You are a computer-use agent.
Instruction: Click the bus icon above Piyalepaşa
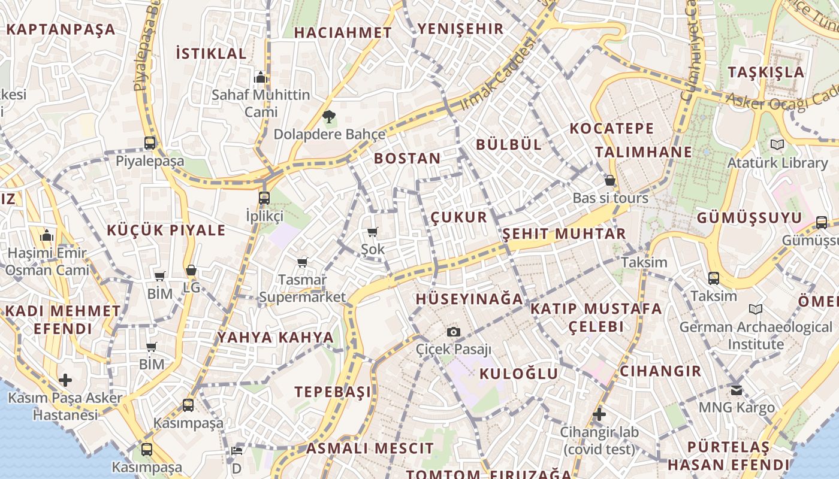[x=150, y=143]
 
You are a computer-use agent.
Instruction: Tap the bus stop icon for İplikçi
[x=264, y=198]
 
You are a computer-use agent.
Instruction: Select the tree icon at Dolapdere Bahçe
[x=328, y=116]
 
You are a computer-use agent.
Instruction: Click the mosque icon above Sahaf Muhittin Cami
[x=260, y=77]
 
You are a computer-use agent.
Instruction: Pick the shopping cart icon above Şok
[x=373, y=232]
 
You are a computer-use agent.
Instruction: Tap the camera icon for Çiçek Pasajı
[x=454, y=332]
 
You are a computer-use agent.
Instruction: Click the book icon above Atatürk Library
[x=777, y=144]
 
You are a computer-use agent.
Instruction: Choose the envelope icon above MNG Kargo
[x=737, y=390]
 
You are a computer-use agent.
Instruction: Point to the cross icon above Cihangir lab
[x=599, y=414]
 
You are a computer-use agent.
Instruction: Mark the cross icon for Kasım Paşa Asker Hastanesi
[x=65, y=380]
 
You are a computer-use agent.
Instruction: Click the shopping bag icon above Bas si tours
[x=610, y=180]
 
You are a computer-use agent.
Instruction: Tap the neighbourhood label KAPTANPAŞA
[x=61, y=29]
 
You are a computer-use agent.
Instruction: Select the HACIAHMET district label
[x=343, y=32]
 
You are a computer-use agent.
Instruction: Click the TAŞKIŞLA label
[x=766, y=72]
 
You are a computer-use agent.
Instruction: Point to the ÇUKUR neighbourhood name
[x=459, y=217]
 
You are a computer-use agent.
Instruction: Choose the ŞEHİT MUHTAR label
[x=564, y=234]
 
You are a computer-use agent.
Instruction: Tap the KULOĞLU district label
[x=518, y=374]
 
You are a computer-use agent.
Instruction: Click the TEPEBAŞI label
[x=333, y=392]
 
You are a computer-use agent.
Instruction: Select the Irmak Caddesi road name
[x=496, y=74]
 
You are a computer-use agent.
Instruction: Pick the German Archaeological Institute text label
[x=755, y=335]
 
